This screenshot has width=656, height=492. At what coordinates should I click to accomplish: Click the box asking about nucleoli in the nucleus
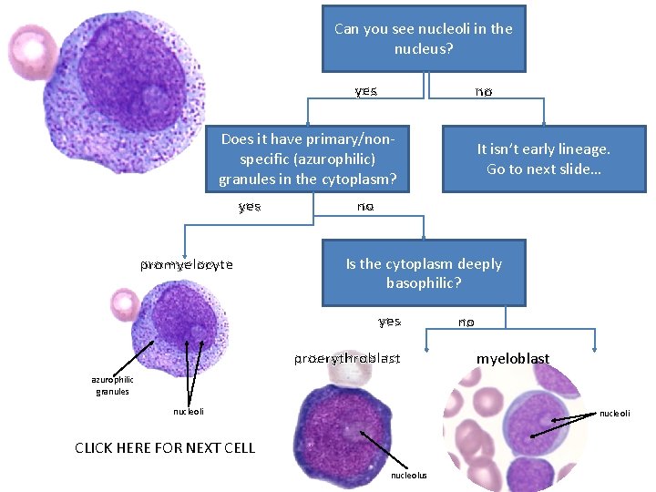[x=424, y=38]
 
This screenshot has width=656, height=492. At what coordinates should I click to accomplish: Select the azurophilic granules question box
[x=308, y=159]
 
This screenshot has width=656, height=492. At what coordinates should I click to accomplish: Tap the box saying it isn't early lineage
[x=544, y=159]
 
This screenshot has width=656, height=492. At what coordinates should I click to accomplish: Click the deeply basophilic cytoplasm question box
[x=424, y=272]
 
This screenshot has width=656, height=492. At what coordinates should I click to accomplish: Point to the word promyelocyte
[x=187, y=265]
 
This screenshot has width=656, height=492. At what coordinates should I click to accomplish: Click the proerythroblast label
[x=346, y=358]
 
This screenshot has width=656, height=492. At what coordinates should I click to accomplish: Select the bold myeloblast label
[x=513, y=358]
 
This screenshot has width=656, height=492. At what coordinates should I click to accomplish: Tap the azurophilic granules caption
[x=112, y=385]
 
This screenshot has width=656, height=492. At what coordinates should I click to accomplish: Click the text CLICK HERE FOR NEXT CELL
[x=165, y=447]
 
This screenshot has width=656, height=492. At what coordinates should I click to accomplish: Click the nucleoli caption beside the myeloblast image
[x=614, y=413]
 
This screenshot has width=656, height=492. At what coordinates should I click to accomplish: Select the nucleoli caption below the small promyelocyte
[x=189, y=412]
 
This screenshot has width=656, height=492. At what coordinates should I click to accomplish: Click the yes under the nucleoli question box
[x=366, y=91]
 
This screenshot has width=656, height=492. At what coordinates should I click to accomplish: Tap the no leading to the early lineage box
[x=484, y=91]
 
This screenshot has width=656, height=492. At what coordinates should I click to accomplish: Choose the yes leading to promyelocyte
[x=250, y=207]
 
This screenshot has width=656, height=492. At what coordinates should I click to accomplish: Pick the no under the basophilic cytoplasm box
[x=466, y=322]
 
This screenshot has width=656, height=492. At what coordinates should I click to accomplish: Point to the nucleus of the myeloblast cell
[x=535, y=419]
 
